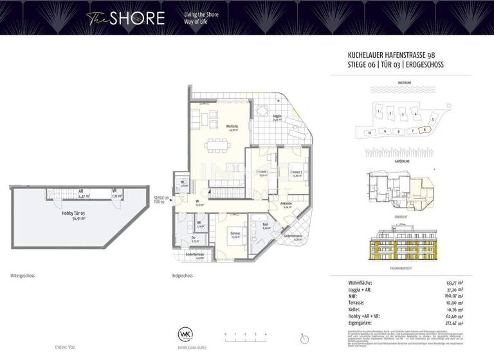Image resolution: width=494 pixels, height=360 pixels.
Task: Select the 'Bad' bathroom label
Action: click(265, 226)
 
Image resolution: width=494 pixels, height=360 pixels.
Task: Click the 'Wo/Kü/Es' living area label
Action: click(232, 127)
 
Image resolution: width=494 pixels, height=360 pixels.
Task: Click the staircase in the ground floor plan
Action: click(223, 192)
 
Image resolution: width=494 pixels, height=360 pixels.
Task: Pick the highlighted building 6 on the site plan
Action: click(425, 129)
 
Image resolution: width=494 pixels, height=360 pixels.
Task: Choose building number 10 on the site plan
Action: click(369, 132)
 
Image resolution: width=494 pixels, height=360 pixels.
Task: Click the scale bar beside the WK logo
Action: click(245, 335)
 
